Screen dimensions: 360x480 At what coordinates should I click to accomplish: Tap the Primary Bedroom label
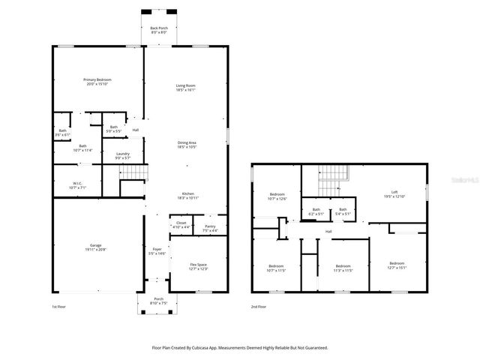pyautogui.click(x=98, y=81)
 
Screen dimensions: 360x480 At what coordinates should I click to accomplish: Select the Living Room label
pyautogui.click(x=186, y=88)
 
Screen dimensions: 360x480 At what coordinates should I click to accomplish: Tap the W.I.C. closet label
pyautogui.click(x=77, y=184)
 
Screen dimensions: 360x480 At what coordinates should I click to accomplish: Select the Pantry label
pyautogui.click(x=210, y=228)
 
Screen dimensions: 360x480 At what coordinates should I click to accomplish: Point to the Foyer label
pyautogui.click(x=157, y=250)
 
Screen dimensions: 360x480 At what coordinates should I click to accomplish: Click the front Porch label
pyautogui.click(x=158, y=299)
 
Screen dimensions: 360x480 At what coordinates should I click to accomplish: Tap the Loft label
pyautogui.click(x=394, y=193)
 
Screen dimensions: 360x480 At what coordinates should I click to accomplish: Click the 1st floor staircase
pyautogui.click(x=133, y=173)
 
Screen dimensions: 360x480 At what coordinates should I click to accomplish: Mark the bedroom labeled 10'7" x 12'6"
pyautogui.click(x=277, y=196)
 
